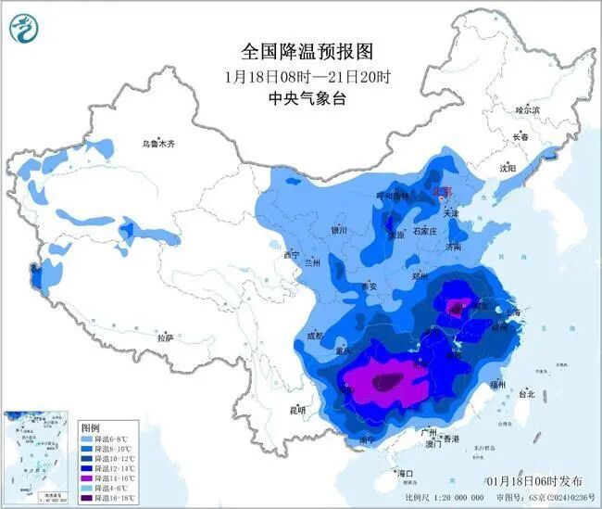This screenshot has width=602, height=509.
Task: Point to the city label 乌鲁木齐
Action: (x=158, y=144)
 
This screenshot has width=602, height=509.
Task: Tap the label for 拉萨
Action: (x=165, y=338)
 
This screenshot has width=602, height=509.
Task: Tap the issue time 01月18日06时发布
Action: (x=533, y=481)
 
